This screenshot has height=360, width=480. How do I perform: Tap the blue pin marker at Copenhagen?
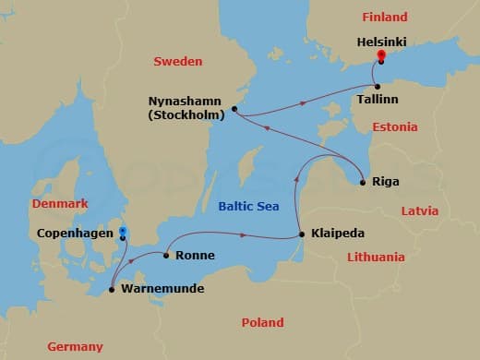coord(123,233)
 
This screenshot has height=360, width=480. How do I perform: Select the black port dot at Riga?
coord(363,182)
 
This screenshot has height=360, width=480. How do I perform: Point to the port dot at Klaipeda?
coord(303,234)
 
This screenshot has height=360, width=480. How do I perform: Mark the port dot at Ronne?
coord(166,255)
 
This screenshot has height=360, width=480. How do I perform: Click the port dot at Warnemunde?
coord(112,290)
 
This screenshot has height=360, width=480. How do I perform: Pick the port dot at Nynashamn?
coord(234,109)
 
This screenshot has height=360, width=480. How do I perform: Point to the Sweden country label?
coord(176,61)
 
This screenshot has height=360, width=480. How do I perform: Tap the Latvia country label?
coord(421,211)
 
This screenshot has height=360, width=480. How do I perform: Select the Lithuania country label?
coord(374,258)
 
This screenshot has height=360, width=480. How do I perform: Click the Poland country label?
coord(262,322)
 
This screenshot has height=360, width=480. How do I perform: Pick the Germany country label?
coord(75,346)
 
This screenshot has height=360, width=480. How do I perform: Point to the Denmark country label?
coord(59,203)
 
